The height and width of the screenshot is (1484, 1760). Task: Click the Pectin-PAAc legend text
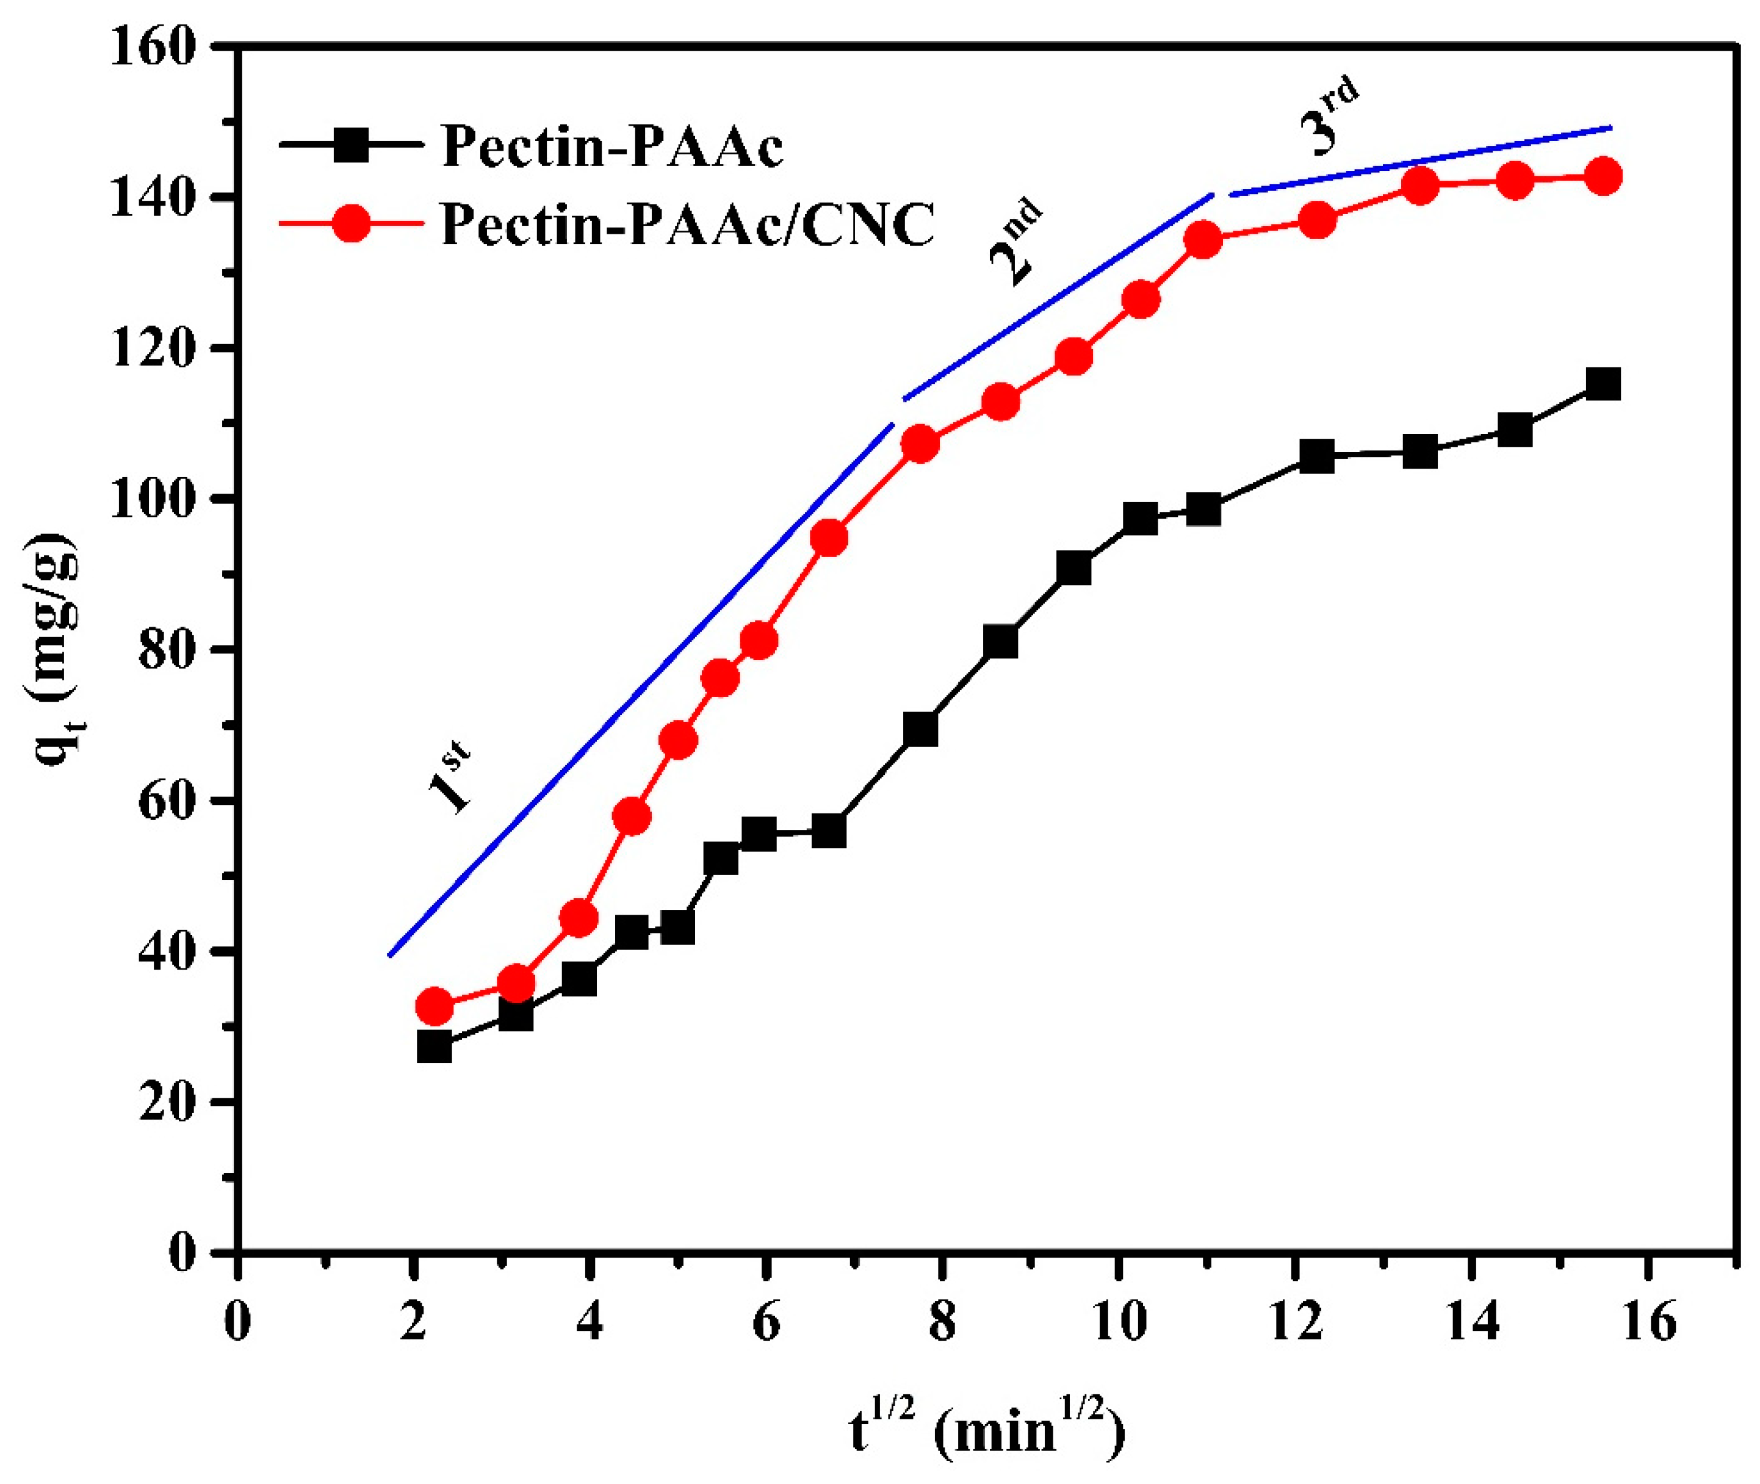coord(611,146)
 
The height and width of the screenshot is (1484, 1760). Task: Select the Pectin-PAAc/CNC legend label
coord(687,225)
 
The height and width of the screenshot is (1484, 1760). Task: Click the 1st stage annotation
coord(447,779)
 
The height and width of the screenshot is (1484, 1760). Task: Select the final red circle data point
coord(1604,177)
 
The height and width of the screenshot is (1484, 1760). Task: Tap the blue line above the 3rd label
coord(1422,160)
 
